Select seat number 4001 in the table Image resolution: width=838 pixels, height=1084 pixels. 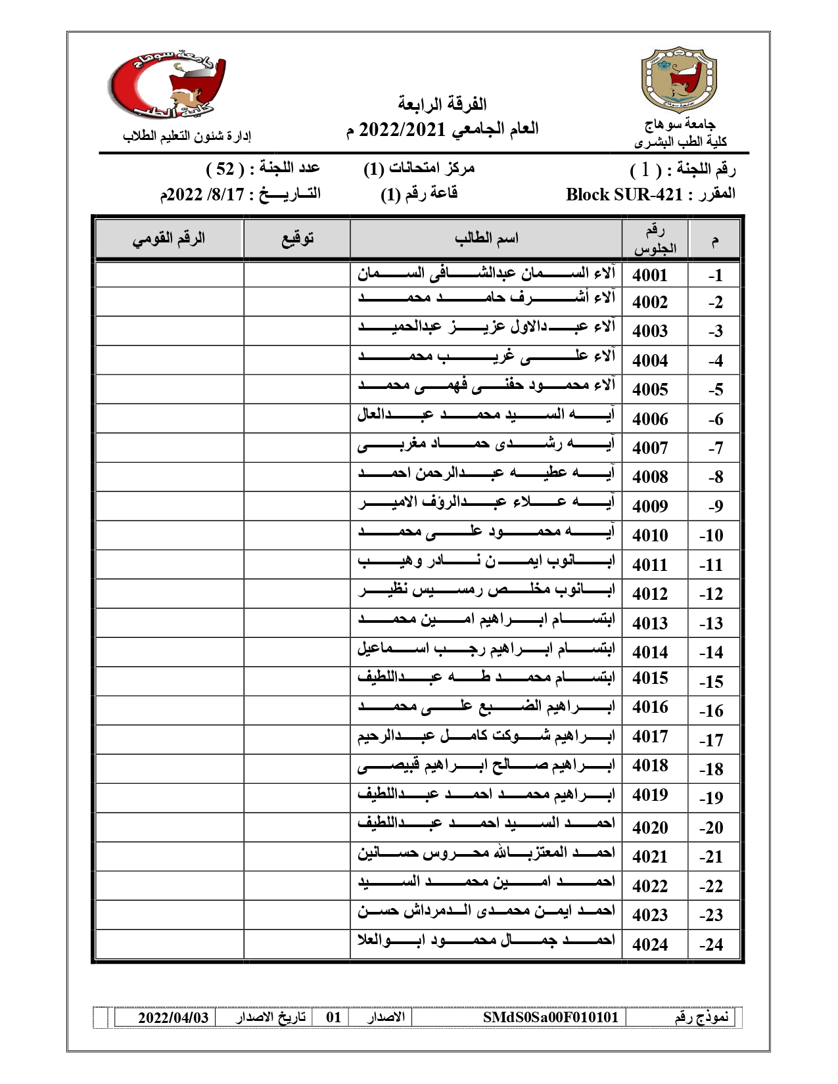pyautogui.click(x=649, y=275)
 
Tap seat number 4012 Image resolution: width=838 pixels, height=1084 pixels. pyautogui.click(x=649, y=594)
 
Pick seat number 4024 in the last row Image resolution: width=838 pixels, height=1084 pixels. pyautogui.click(x=649, y=945)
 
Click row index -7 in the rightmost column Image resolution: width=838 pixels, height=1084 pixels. pyautogui.click(x=715, y=448)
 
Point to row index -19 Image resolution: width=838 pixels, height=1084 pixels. pyautogui.click(x=711, y=798)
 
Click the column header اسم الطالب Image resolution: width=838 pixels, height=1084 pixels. pyautogui.click(x=486, y=238)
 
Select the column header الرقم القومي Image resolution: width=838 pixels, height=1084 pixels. pyautogui.click(x=169, y=238)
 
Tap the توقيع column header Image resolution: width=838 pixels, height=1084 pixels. pyautogui.click(x=297, y=238)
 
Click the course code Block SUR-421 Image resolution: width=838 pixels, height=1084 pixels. pyautogui.click(x=624, y=194)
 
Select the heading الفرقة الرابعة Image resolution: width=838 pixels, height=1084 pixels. pyautogui.click(x=442, y=104)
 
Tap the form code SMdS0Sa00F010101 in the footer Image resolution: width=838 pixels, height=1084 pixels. pyautogui.click(x=550, y=1018)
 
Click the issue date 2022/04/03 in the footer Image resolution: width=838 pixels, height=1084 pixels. pyautogui.click(x=173, y=1018)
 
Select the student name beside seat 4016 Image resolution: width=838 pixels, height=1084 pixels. pyautogui.click(x=486, y=708)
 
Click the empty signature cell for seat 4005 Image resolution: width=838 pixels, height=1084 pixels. pyautogui.click(x=296, y=389)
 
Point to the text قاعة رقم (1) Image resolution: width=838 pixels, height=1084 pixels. pyautogui.click(x=419, y=194)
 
